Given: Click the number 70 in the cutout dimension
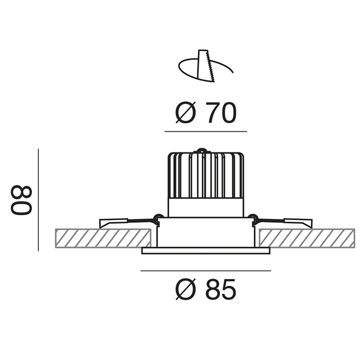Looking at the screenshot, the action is [220, 112].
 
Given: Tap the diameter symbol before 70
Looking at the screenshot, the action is [186, 112].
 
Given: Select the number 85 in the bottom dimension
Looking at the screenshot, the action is [220, 289].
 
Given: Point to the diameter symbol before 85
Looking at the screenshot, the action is [186, 289].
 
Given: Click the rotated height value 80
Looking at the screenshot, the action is [21, 200].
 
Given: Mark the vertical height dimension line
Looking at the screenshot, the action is [38, 200].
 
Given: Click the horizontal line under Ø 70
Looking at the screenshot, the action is [206, 132].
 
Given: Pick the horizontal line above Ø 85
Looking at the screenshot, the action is [206, 271].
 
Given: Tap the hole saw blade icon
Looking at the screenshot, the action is [206, 66].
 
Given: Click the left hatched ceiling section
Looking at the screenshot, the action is [103, 238].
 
